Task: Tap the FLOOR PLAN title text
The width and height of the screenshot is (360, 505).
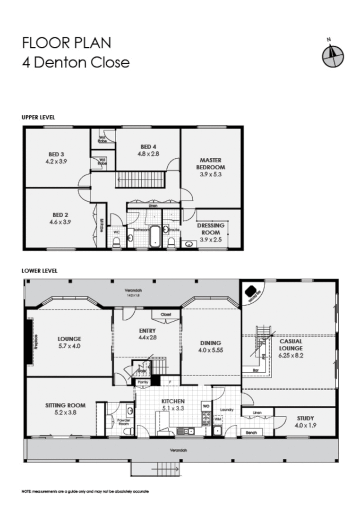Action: point(67,43)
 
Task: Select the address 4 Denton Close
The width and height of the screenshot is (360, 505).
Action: point(76,62)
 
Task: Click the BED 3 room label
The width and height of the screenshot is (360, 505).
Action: point(56,154)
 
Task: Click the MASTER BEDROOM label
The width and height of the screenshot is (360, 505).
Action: point(210,163)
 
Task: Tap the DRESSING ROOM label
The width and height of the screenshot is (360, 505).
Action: point(211,229)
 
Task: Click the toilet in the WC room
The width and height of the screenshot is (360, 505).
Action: point(116,241)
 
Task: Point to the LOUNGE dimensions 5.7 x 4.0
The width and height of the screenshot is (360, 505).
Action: point(69,346)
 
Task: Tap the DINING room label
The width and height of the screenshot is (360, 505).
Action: point(210,343)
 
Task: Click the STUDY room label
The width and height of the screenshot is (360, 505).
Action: point(305,418)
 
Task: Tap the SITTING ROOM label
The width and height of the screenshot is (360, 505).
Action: point(65,405)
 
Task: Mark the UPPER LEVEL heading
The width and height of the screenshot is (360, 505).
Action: point(38,117)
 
